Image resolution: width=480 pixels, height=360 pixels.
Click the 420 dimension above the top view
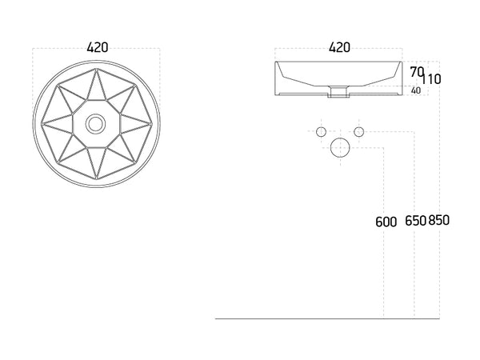point(98,48)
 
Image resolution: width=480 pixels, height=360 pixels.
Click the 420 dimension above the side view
point(339,47)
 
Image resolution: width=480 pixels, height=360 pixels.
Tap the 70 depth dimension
point(417,73)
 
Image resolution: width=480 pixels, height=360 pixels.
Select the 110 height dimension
point(431,79)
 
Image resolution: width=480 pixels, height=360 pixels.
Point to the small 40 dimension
point(416,90)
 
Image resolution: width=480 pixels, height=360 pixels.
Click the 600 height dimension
point(386,222)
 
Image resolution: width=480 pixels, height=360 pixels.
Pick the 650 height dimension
point(415,221)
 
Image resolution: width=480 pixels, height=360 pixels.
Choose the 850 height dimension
point(438,220)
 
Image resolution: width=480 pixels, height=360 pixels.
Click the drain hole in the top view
point(96,124)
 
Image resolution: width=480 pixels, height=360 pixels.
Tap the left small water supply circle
point(321,132)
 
